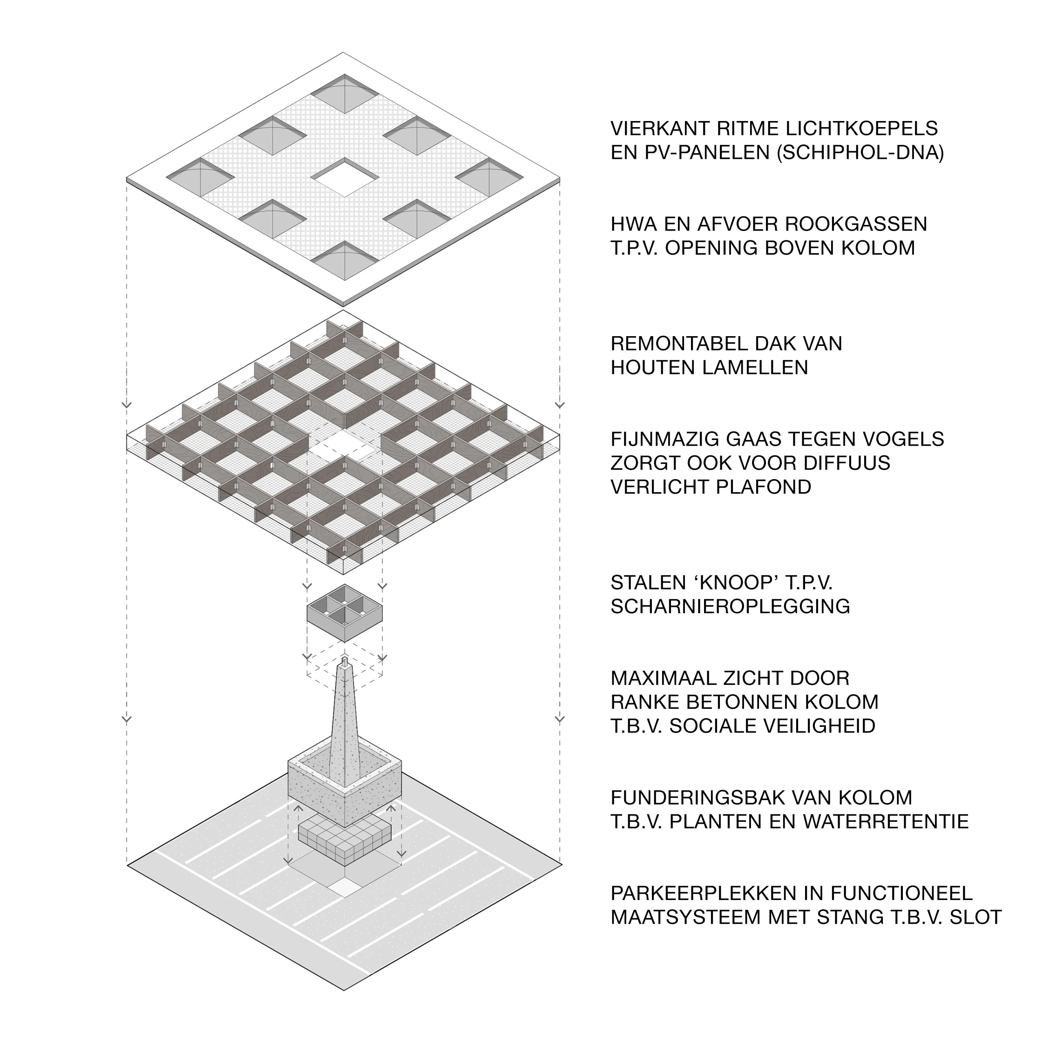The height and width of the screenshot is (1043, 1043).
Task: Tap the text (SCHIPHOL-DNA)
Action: (860, 153)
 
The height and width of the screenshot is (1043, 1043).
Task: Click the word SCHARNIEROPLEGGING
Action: (730, 606)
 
